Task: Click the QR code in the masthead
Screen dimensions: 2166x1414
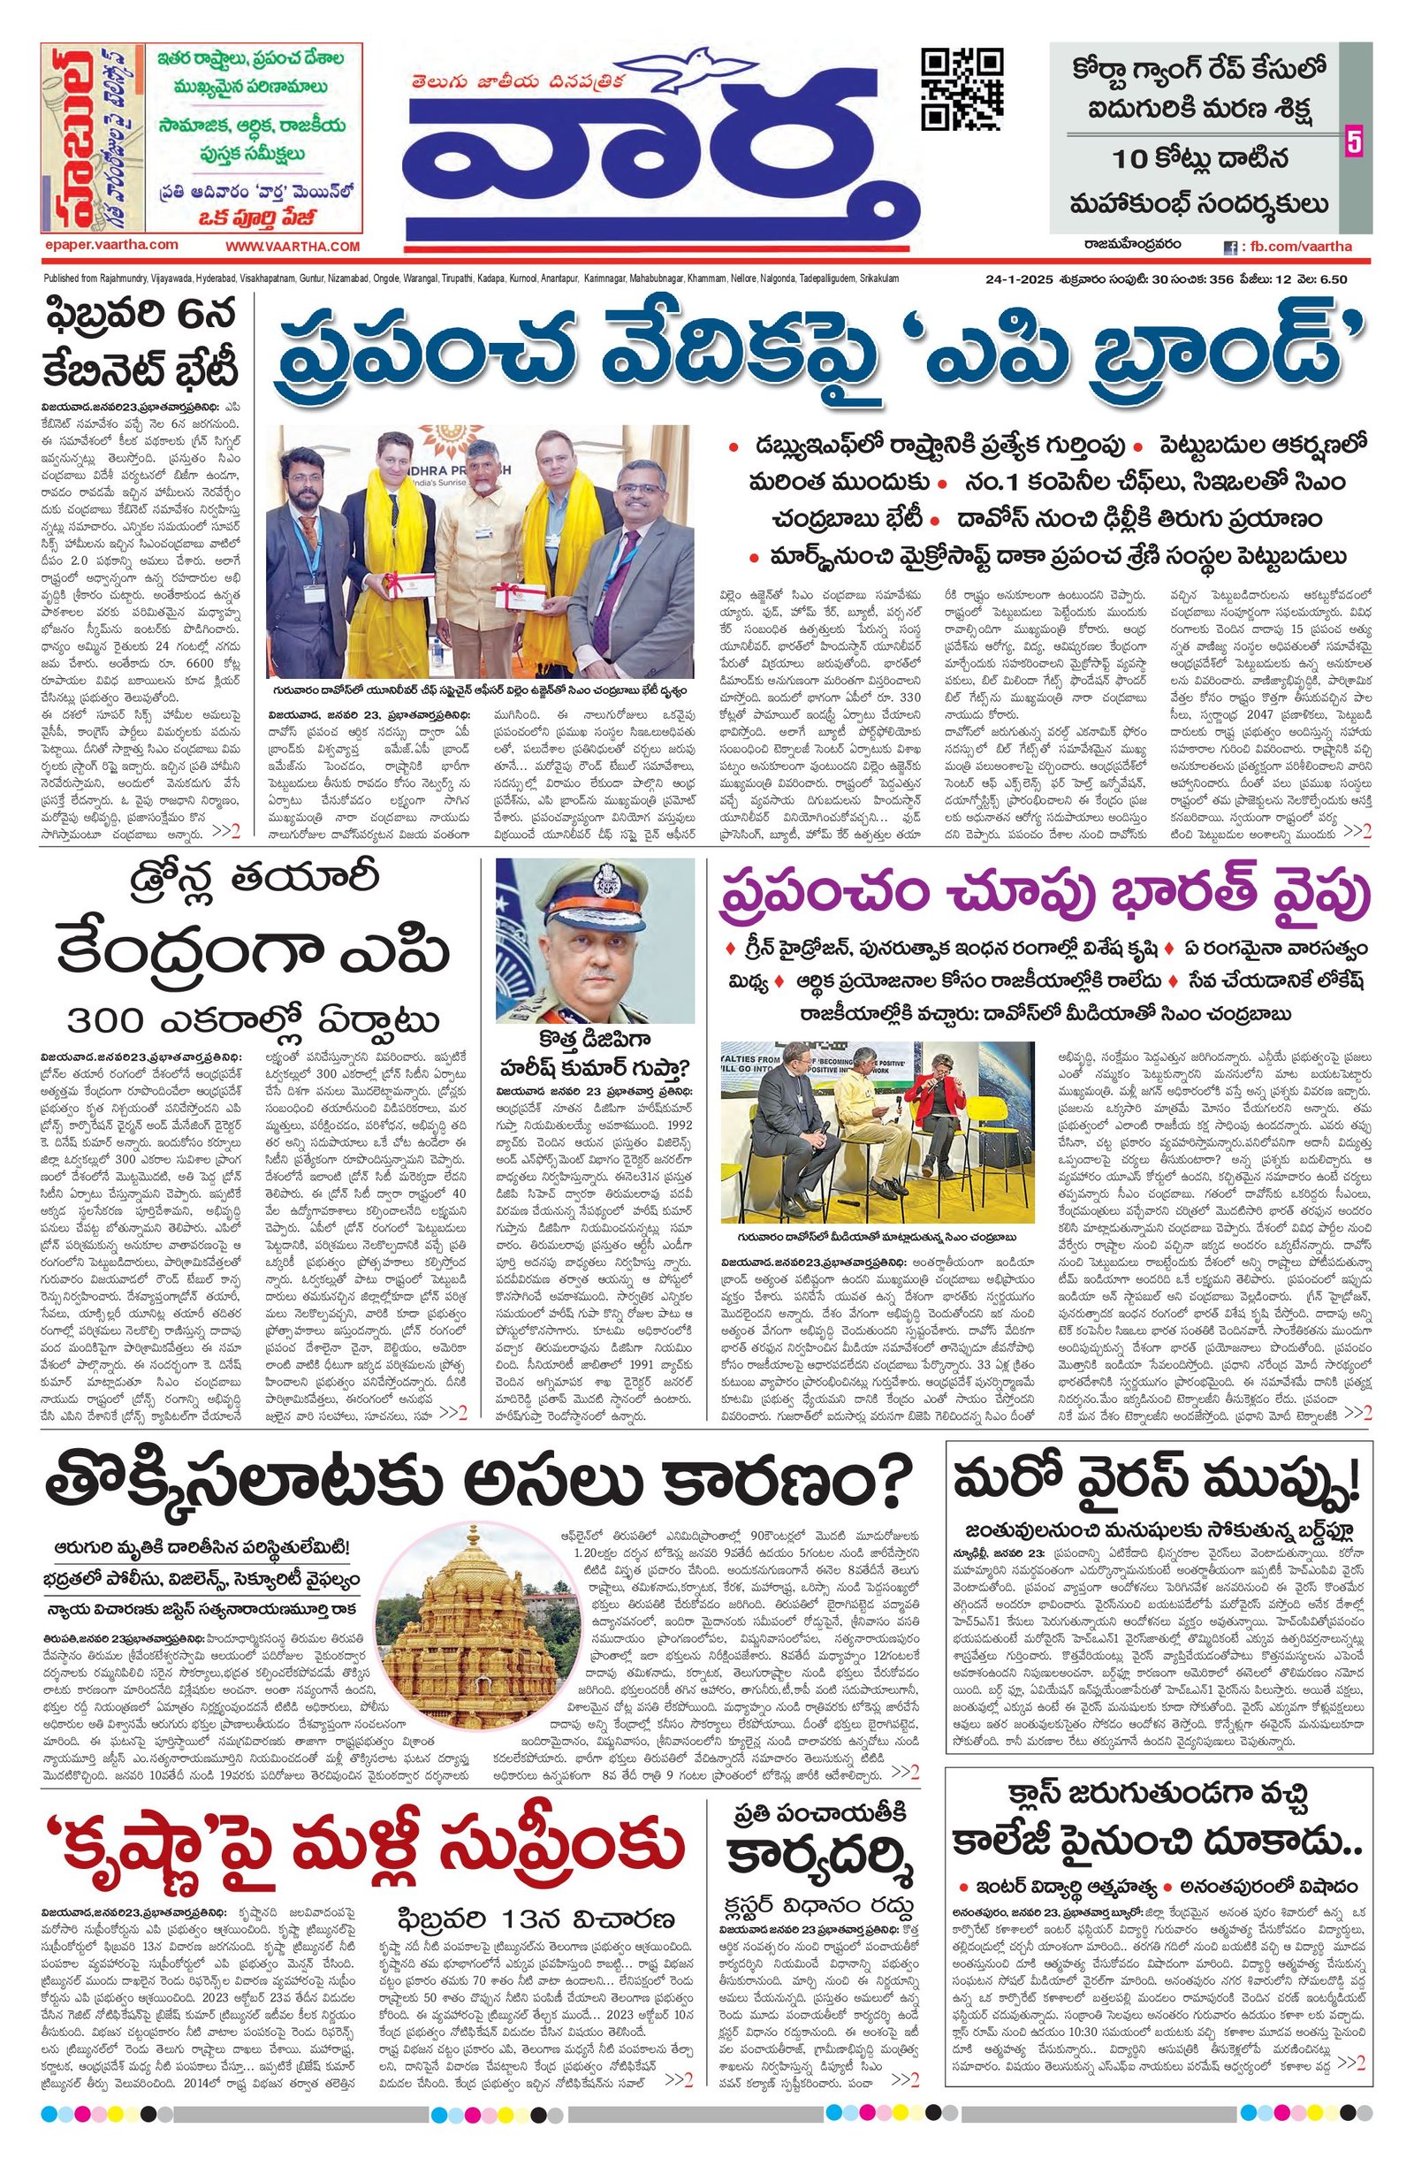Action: [962, 89]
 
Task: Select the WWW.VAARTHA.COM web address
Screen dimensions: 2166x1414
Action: [293, 247]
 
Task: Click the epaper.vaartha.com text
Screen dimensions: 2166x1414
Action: [110, 245]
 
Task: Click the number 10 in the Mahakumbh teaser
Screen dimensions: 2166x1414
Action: [1137, 161]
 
